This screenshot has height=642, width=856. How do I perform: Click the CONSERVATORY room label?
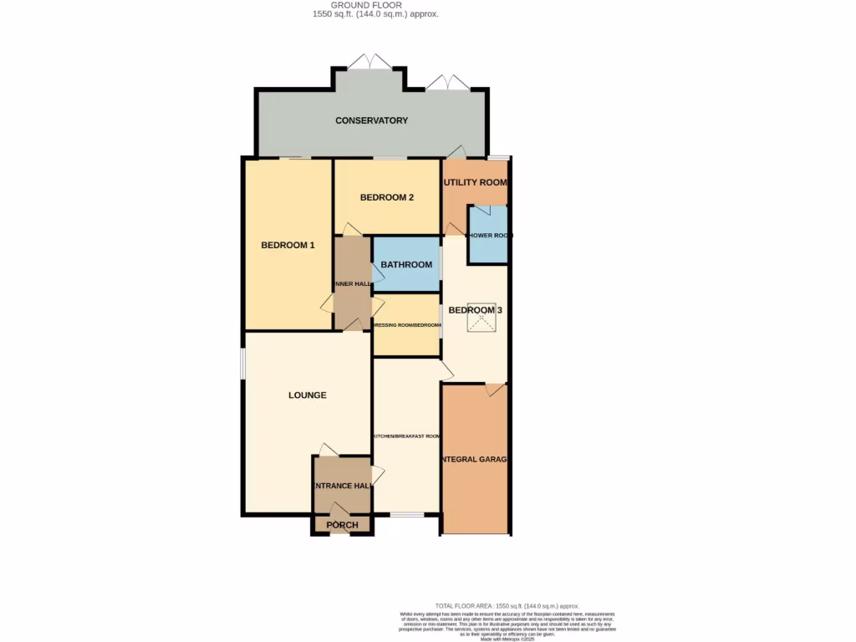371,120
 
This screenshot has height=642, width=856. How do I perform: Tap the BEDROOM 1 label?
288,245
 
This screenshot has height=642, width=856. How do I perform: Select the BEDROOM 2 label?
387,197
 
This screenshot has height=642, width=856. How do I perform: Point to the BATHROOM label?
406,265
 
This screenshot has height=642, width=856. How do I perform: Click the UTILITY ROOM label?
475,182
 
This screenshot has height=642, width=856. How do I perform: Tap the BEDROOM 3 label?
475,310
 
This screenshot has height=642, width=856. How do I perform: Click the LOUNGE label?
307,395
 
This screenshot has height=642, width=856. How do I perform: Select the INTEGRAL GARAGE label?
475,460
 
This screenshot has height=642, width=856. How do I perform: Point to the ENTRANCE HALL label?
342,486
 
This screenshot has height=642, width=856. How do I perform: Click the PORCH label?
342,525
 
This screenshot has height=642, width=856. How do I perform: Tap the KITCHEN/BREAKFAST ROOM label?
406,436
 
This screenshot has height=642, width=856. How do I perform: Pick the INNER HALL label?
352,284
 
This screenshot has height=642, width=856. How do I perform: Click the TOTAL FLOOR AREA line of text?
507,605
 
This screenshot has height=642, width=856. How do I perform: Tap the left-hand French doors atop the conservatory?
369,63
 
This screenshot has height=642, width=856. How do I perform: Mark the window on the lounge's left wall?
243,364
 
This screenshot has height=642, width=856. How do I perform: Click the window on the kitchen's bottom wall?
406,514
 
